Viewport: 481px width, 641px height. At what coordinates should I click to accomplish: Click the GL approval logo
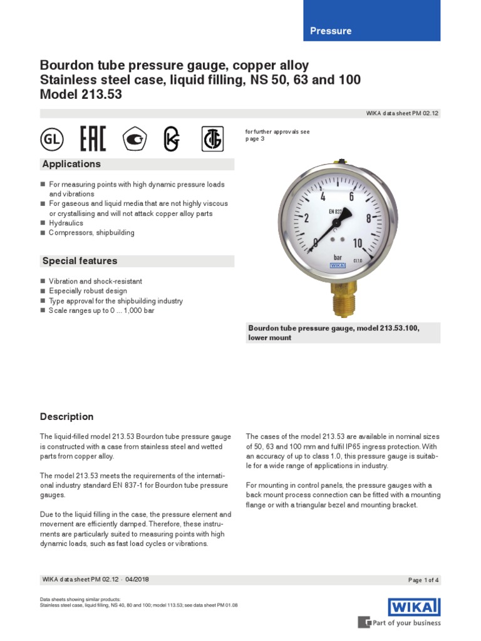point(53,140)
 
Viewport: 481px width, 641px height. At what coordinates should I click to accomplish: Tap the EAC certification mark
point(93,139)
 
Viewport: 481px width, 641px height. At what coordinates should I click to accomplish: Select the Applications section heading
point(71,164)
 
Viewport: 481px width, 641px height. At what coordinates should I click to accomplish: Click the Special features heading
point(80,261)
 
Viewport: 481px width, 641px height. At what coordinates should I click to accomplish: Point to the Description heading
point(67,417)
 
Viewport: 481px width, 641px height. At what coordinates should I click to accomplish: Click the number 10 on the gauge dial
point(358,243)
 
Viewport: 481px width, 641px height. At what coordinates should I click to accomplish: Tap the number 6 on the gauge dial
point(351,196)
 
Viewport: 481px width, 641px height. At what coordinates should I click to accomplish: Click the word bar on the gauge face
point(339,257)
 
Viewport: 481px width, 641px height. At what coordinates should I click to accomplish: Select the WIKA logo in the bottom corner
point(414,607)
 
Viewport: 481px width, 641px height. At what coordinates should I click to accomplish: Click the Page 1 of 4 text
point(423,580)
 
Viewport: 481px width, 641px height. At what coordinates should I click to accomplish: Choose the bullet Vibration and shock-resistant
point(95,282)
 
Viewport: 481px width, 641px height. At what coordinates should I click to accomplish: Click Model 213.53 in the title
point(81,95)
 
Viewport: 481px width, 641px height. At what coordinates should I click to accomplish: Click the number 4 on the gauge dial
point(323,197)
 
